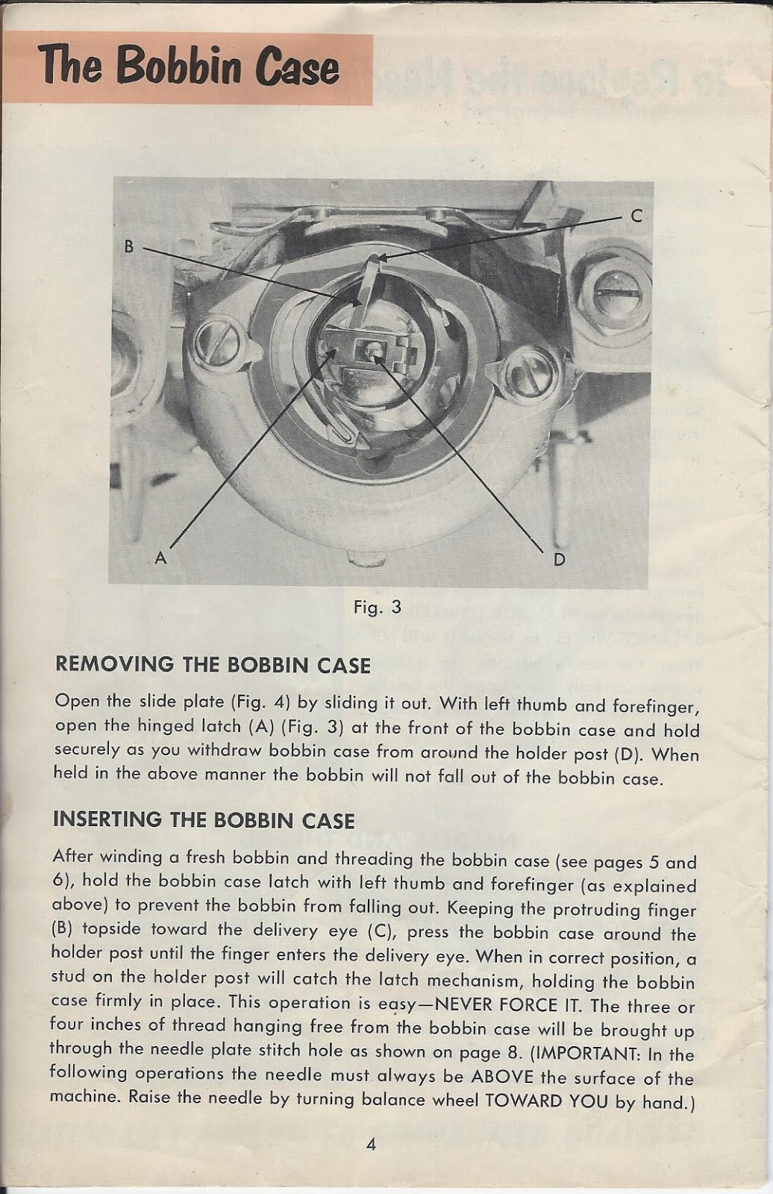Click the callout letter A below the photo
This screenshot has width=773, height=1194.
point(160,557)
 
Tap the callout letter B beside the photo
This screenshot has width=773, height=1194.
point(129,246)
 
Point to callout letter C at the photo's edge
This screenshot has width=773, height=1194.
point(636,216)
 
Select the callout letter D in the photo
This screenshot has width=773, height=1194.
point(559,559)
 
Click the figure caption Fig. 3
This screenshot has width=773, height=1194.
point(378,607)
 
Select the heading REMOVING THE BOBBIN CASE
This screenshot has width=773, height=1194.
point(213,665)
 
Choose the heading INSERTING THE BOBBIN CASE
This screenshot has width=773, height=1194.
point(204,820)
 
